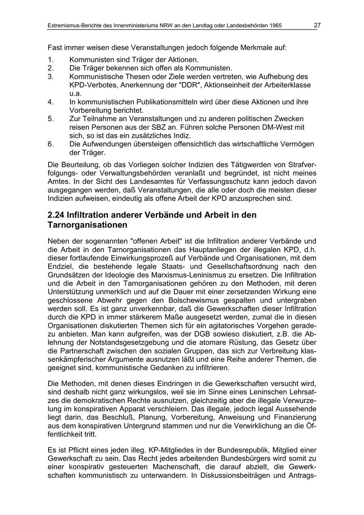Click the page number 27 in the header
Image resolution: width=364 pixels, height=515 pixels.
(x=317, y=25)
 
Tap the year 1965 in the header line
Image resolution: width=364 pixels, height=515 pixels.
(x=274, y=25)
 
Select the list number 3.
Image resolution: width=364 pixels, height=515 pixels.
(x=51, y=76)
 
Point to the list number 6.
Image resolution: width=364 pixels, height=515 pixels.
(x=51, y=144)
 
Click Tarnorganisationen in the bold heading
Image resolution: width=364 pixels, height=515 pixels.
(x=87, y=225)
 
